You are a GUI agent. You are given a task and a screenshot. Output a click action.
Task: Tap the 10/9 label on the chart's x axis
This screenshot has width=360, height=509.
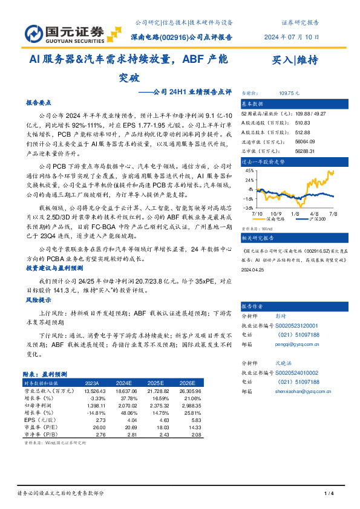click(277, 213)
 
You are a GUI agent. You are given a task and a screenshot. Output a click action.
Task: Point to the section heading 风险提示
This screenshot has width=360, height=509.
click(36, 300)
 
